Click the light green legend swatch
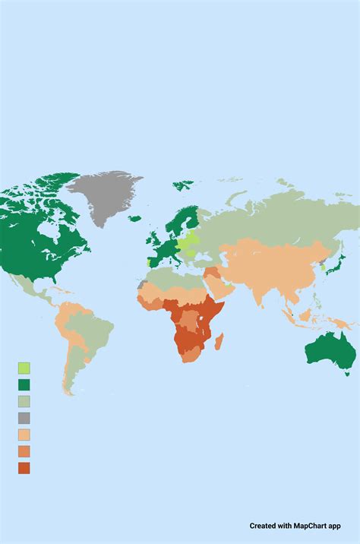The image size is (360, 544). [x=24, y=368]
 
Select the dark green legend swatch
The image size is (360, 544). [x=24, y=384]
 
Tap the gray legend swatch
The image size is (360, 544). [x=24, y=418]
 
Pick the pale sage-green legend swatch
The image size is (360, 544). [x=24, y=401]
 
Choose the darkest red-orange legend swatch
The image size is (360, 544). [x=24, y=467]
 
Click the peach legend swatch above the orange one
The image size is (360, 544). [x=24, y=435]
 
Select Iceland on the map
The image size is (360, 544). [x=134, y=219]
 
